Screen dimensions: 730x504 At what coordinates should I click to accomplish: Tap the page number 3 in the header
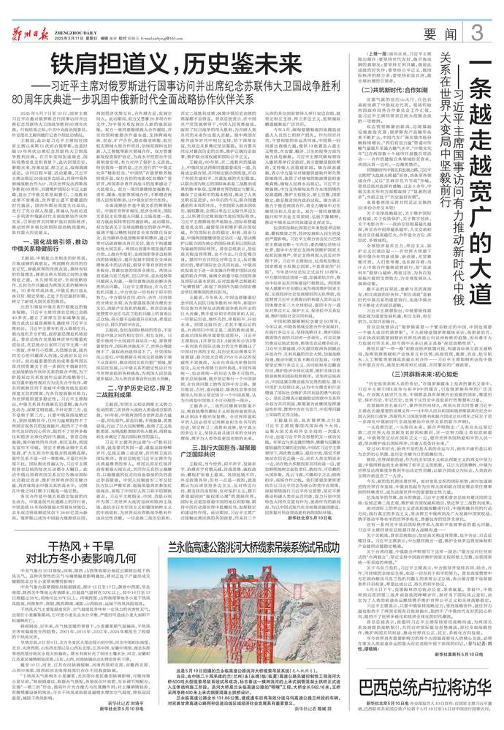(477, 32)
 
